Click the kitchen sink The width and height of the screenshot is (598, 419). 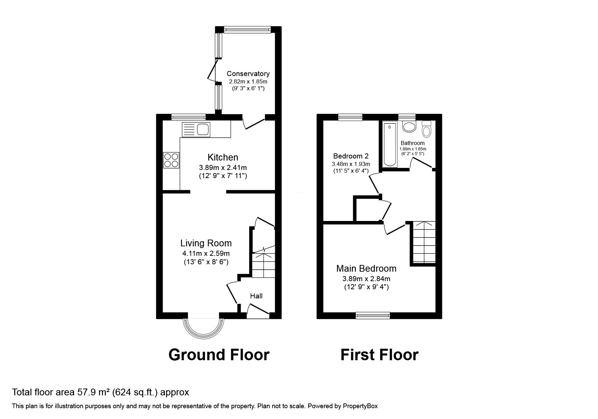pyautogui.click(x=196, y=129)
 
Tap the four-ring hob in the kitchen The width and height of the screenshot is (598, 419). pyautogui.click(x=171, y=160)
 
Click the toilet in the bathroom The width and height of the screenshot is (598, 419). pyautogui.click(x=426, y=129)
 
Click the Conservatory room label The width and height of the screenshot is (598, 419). pyautogui.click(x=248, y=74)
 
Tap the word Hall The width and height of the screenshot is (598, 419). pyautogui.click(x=256, y=296)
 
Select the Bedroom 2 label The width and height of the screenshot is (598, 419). pyautogui.click(x=350, y=156)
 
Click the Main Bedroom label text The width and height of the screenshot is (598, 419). pyautogui.click(x=366, y=269)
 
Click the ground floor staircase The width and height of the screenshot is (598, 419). pyautogui.click(x=263, y=264)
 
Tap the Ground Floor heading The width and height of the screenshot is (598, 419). pyautogui.click(x=219, y=355)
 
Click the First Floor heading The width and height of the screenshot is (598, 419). pyautogui.click(x=379, y=355)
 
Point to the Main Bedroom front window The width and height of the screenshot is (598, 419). pyautogui.click(x=373, y=315)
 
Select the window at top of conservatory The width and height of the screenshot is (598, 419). pyautogui.click(x=248, y=30)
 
